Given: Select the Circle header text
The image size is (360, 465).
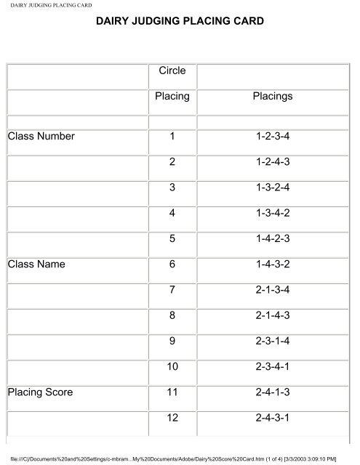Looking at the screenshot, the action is pyautogui.click(x=172, y=71).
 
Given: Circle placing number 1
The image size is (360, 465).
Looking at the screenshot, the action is pyautogui.click(x=172, y=136).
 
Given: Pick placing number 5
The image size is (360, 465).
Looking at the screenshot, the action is pyautogui.click(x=172, y=239).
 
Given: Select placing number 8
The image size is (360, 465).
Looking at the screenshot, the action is pyautogui.click(x=172, y=317).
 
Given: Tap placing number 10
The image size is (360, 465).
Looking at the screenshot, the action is pyautogui.click(x=172, y=368).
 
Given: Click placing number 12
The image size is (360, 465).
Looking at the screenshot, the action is pyautogui.click(x=172, y=420).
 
